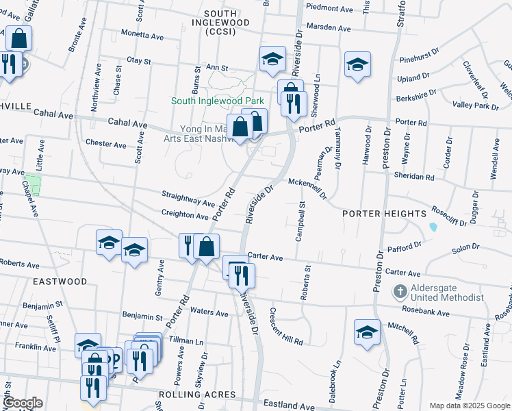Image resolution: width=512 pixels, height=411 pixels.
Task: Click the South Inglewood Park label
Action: point(217,101)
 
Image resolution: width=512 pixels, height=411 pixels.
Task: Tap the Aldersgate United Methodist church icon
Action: point(400,292)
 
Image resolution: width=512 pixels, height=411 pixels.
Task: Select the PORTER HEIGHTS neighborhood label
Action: point(385,214)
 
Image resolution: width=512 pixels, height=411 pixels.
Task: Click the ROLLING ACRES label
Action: point(197,395)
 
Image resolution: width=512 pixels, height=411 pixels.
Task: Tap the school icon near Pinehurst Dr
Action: point(357,64)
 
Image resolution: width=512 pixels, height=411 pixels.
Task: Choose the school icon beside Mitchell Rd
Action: point(367,332)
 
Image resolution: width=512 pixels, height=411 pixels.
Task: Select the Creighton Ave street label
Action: point(185,216)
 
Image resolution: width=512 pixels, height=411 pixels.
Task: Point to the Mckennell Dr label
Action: point(307,184)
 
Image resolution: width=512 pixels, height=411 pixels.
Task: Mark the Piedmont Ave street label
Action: point(330,9)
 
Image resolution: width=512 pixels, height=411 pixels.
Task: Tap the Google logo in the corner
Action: point(23,403)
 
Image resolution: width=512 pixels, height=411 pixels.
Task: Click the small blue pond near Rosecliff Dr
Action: point(433,227)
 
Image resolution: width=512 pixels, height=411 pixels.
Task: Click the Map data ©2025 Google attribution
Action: point(469,406)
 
